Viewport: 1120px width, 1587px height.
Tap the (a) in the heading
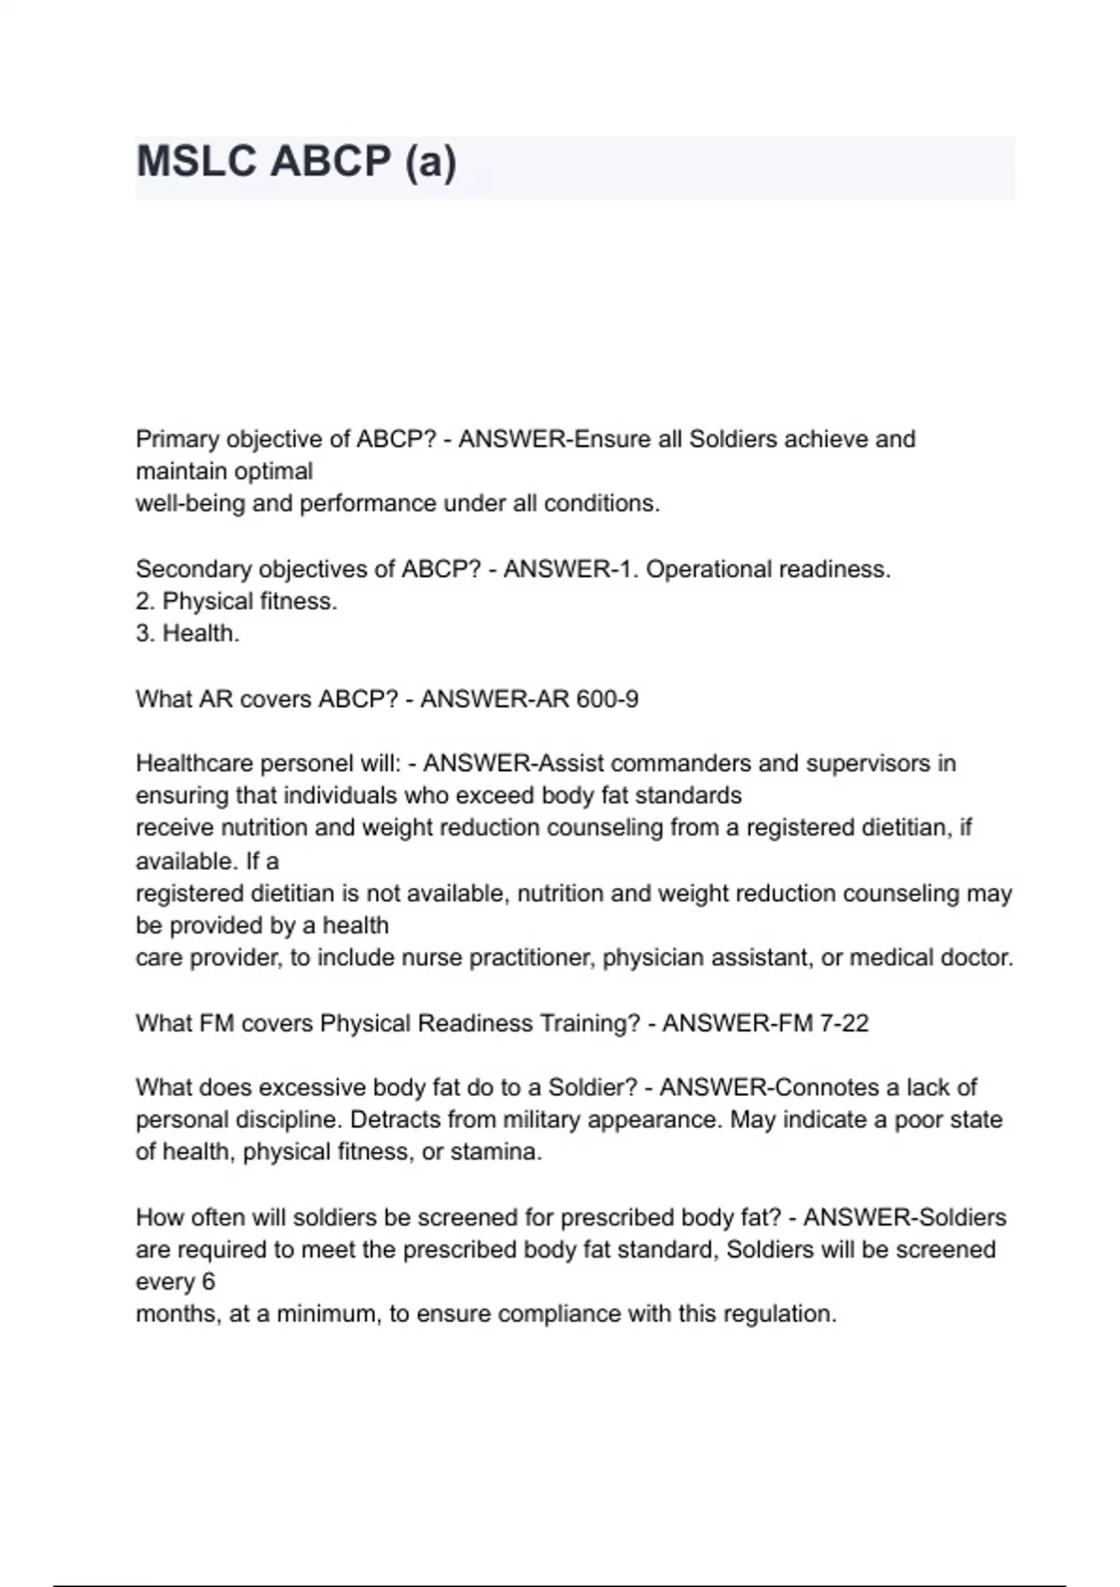430,162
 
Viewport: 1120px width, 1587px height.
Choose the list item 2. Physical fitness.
236,601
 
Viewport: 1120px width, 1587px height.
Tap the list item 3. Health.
188,634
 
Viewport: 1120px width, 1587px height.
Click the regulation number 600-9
608,699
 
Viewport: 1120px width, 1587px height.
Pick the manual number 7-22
844,1023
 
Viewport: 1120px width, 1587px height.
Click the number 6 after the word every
208,1282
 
